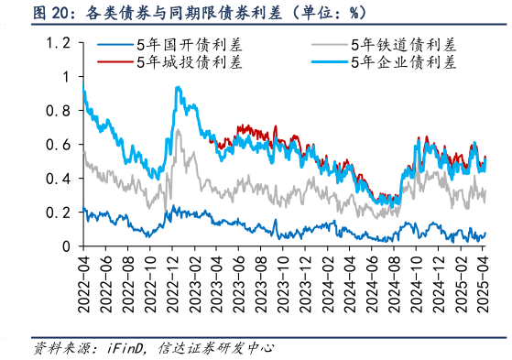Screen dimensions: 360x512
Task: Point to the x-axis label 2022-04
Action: click(x=83, y=279)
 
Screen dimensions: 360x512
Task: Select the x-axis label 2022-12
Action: click(x=173, y=279)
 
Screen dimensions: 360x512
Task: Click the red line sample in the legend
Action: click(x=114, y=62)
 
